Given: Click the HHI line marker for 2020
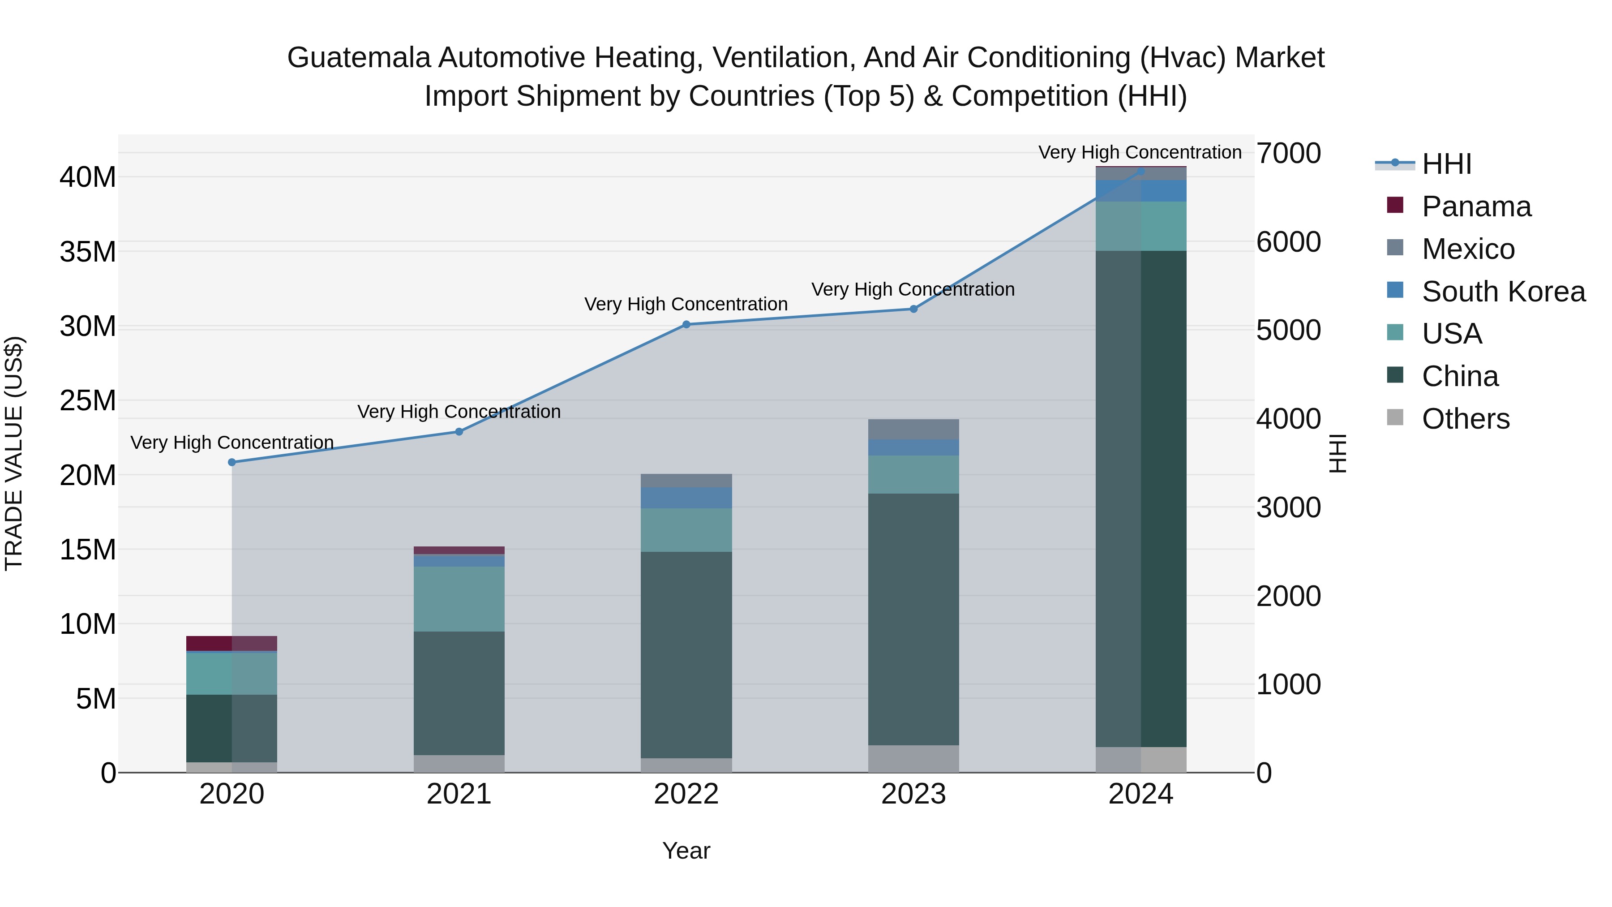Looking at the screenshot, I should (x=232, y=462).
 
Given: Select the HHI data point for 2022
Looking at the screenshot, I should (x=686, y=324).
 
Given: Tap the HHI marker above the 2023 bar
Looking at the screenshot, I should (x=913, y=309).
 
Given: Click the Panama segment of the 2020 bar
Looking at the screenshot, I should (x=232, y=643).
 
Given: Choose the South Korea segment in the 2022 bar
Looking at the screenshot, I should (x=686, y=498).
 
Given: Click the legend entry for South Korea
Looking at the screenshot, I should (x=1503, y=292).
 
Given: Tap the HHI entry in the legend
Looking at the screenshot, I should (x=1446, y=164).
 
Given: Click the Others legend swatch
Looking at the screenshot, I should (x=1395, y=417).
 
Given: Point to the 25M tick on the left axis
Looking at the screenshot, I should (x=88, y=400).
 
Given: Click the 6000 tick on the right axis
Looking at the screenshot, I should (x=1288, y=242).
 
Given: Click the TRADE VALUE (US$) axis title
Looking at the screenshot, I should (x=14, y=453).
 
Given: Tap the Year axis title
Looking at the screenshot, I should (x=686, y=851).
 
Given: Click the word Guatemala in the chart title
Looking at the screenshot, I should (x=359, y=58).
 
